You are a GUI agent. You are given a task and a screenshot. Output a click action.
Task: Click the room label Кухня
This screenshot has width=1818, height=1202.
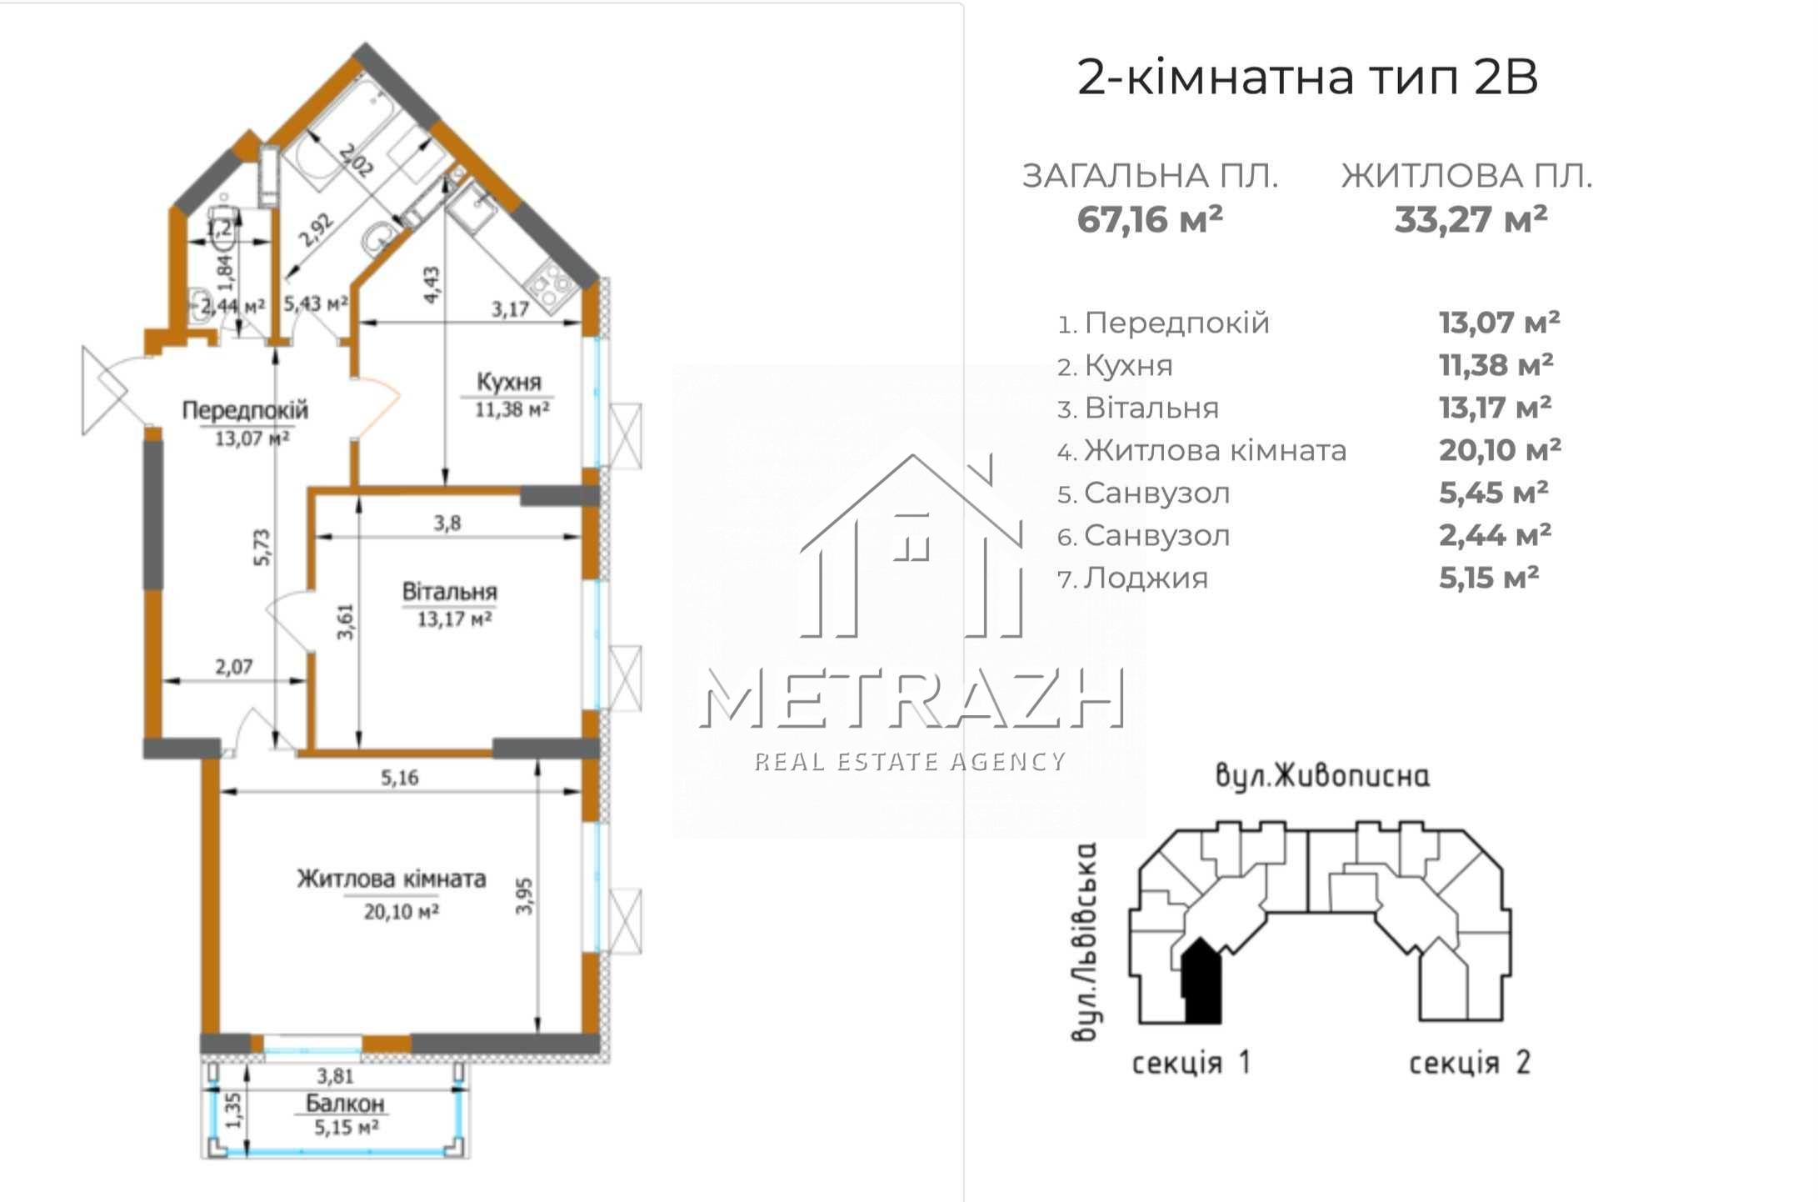tap(509, 382)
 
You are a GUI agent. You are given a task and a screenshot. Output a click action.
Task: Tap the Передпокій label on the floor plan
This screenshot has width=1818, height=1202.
tap(245, 410)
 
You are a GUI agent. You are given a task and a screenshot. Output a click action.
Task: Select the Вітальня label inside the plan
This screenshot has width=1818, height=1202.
tap(450, 592)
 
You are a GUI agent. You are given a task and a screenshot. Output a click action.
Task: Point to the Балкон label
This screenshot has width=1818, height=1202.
tap(345, 1104)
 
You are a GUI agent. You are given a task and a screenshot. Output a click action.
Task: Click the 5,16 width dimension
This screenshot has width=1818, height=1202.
tap(400, 778)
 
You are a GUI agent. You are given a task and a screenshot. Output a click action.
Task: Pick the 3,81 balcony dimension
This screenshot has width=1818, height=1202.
tap(336, 1076)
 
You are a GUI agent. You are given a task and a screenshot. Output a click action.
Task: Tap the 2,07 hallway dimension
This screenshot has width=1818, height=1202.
tap(234, 667)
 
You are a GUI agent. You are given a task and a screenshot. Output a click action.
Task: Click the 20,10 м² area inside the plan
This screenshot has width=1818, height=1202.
tap(402, 912)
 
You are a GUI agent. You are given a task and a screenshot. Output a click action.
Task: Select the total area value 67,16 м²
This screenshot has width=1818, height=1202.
tap(1150, 219)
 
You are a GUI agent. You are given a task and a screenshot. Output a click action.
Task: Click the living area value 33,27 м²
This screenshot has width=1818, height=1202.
tap(1471, 219)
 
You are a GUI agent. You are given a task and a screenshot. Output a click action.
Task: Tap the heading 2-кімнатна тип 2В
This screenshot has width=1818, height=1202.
tap(1307, 78)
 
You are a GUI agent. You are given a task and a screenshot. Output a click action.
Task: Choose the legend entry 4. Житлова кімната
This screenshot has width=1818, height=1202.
tap(1201, 450)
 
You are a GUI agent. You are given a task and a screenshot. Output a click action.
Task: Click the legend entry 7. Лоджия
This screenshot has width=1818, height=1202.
tap(1132, 578)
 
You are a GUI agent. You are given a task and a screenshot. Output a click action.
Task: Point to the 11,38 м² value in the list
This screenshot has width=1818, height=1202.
tap(1496, 365)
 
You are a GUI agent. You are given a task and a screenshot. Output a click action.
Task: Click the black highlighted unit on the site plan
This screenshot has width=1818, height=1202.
tap(1201, 982)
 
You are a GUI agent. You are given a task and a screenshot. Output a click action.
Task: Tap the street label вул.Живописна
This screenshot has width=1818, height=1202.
tap(1322, 776)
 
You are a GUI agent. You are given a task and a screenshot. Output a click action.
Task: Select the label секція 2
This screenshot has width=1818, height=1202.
tap(1470, 1063)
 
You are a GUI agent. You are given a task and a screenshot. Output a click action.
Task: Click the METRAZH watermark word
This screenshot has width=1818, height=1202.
tap(911, 699)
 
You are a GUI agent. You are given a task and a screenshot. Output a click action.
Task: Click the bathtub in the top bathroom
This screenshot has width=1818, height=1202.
tap(342, 129)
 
